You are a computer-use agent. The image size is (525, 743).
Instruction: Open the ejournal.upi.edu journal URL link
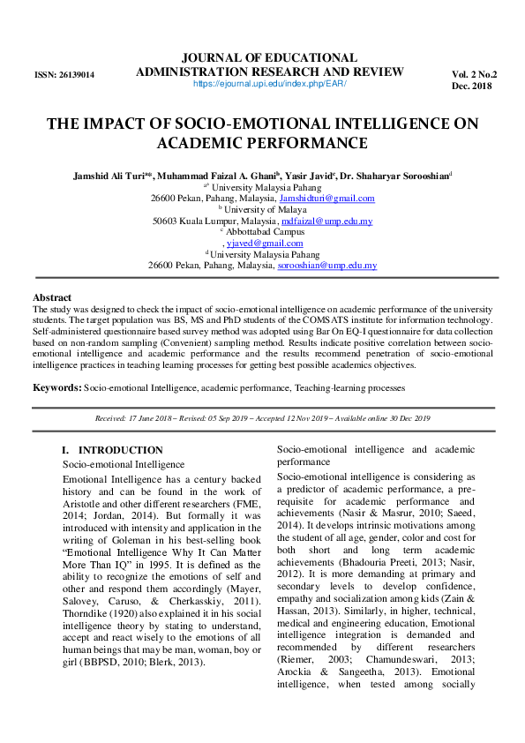(269, 84)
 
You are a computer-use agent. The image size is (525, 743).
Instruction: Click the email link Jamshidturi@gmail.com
(326, 199)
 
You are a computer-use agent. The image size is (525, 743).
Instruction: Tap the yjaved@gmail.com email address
(265, 243)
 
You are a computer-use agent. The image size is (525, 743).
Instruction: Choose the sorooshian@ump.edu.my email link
(327, 265)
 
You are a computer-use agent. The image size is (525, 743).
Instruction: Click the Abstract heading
(52, 297)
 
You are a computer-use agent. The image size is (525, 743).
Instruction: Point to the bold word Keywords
(56, 387)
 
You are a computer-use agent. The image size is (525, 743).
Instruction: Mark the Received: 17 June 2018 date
(145, 418)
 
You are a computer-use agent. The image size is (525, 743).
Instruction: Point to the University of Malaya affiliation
(265, 210)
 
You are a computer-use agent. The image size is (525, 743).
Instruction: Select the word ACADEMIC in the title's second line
(208, 144)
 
